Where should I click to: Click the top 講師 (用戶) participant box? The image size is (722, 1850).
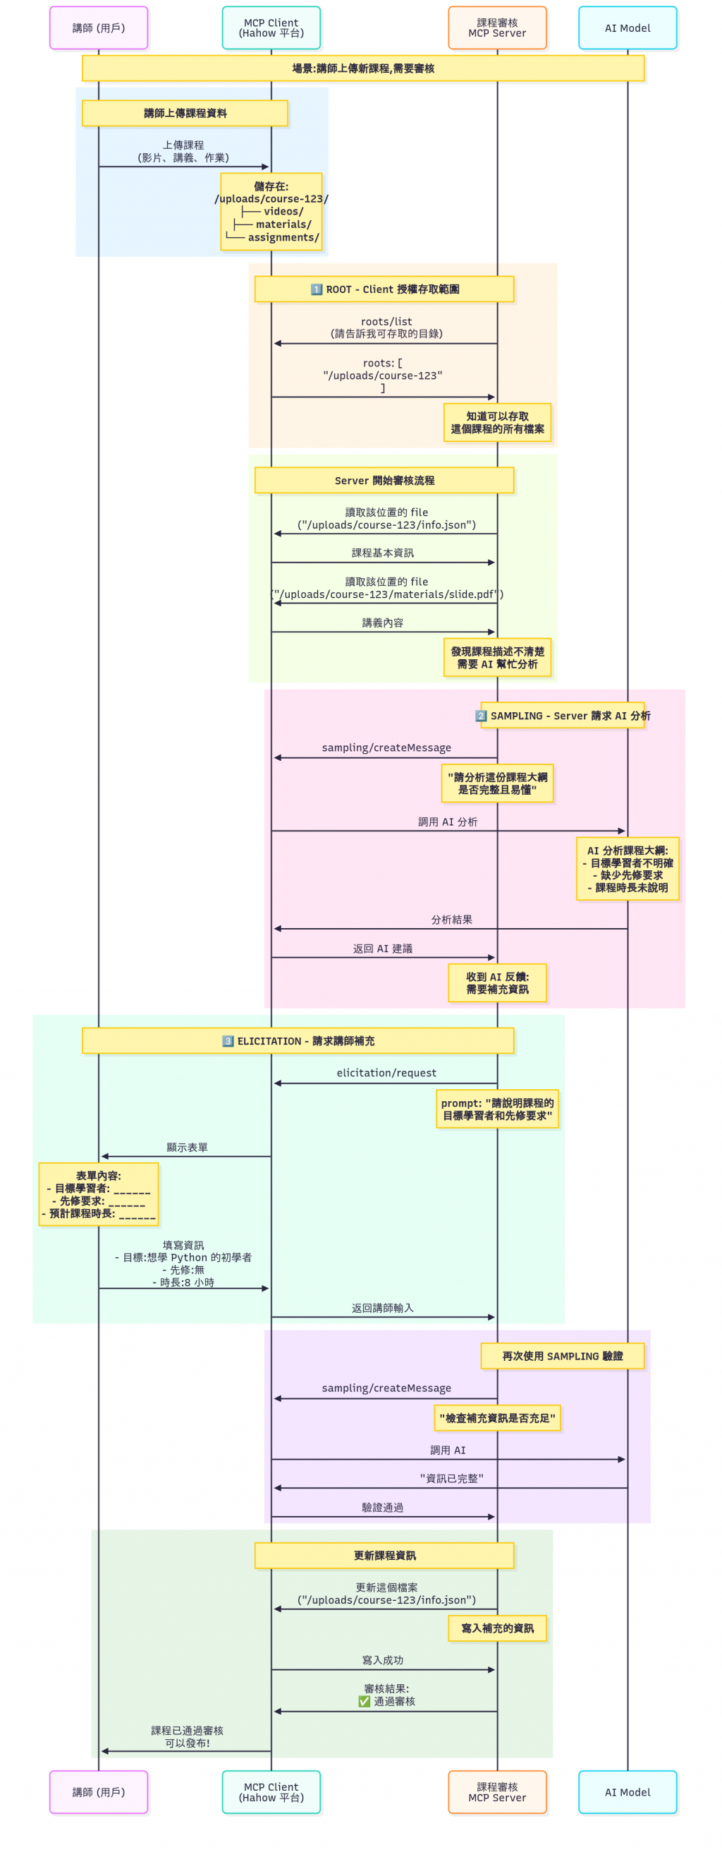98,28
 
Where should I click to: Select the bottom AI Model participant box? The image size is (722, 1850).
628,1792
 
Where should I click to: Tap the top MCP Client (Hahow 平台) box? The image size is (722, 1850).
271,28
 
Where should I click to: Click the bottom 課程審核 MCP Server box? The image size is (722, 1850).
496,1792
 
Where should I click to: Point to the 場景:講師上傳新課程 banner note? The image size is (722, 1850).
362,68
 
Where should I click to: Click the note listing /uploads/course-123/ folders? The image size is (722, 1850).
271,212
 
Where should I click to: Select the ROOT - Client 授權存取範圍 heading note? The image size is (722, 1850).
384,289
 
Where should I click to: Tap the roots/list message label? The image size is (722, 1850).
386,322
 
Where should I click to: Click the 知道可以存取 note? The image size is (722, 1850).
496,422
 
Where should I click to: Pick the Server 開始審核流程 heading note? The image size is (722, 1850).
384,481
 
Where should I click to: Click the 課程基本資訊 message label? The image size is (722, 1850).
383,553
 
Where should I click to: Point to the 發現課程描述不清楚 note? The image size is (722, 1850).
496,657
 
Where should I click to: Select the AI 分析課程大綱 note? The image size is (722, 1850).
628,868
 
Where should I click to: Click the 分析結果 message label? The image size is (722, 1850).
451,919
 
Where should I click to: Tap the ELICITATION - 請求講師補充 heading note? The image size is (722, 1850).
298,1040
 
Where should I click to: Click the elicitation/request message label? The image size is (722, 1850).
386,1073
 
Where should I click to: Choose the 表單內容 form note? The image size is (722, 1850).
98,1194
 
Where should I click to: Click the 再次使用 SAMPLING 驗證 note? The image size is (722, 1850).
562,1356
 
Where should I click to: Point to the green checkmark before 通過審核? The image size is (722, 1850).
364,1701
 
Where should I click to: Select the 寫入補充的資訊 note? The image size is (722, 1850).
496,1628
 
